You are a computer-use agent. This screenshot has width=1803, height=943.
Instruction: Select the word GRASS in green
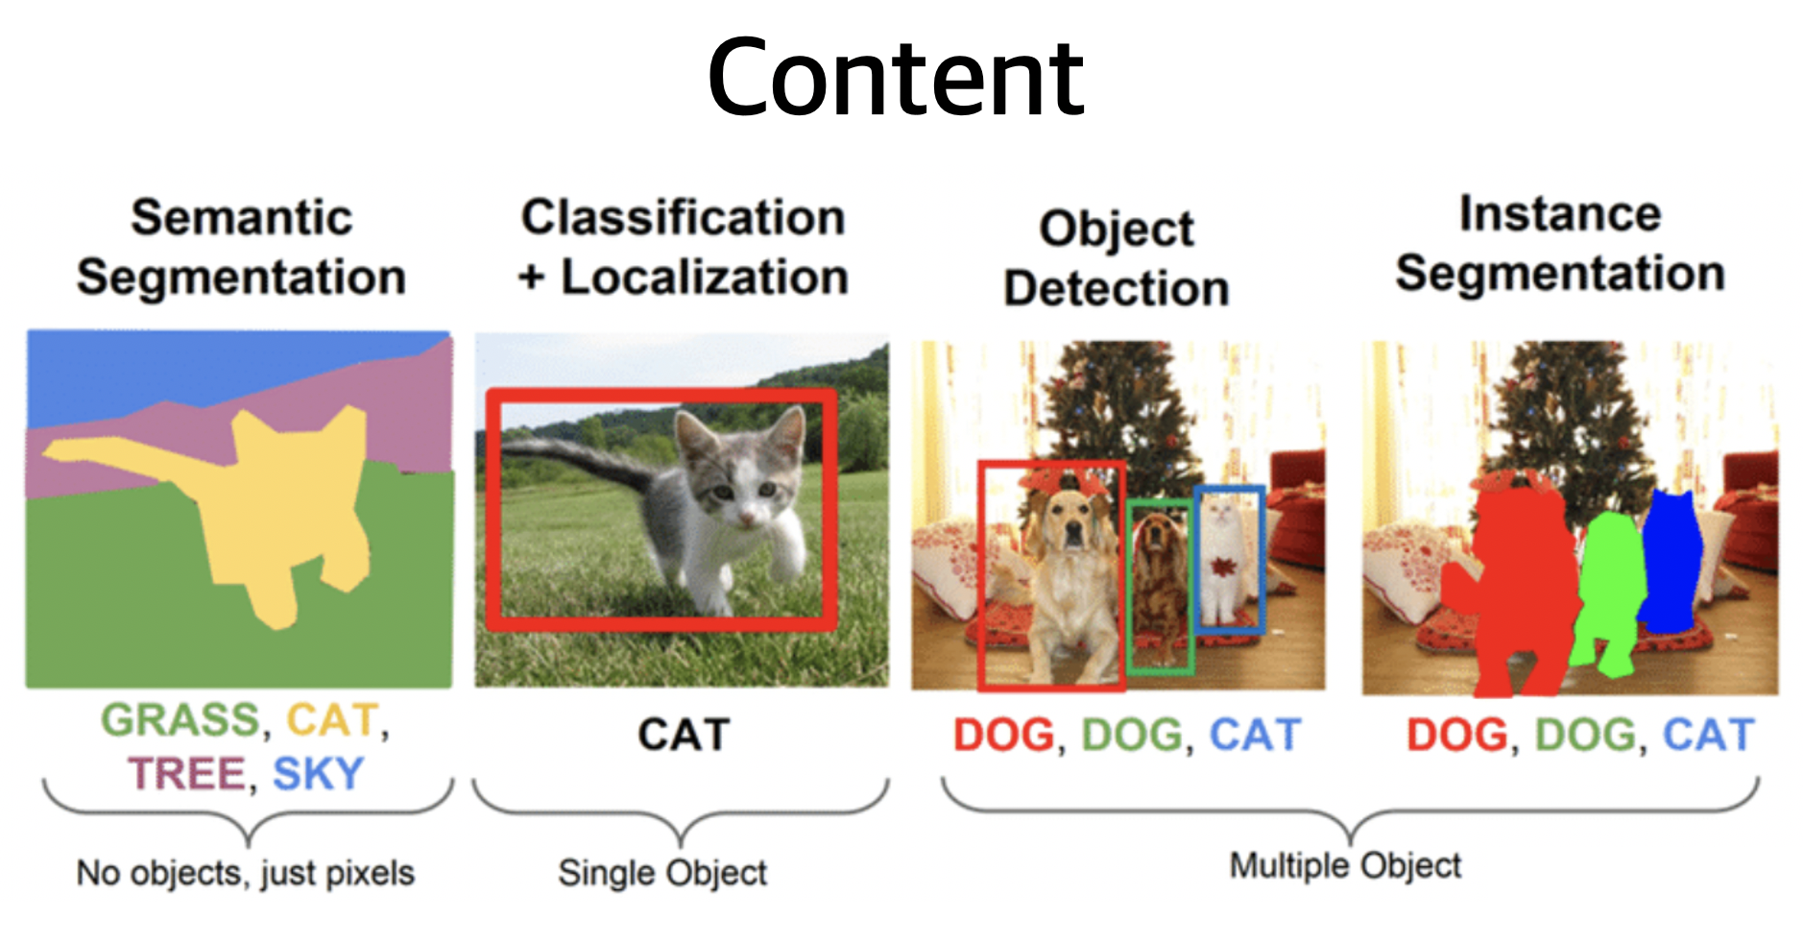tap(180, 720)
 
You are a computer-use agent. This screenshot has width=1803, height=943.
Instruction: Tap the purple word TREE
tap(186, 774)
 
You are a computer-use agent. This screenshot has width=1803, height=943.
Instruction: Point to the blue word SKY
tap(318, 774)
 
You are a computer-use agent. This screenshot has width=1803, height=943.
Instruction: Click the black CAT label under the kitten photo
tap(684, 736)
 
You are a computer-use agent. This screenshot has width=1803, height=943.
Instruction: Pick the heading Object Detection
tap(1117, 258)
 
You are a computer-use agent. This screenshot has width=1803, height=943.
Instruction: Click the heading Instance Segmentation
tap(1560, 244)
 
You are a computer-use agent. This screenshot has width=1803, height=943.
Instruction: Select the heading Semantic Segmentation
tap(241, 248)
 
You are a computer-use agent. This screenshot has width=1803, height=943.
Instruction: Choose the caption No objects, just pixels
tap(246, 873)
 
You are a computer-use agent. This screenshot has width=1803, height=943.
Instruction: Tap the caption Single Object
tap(662, 873)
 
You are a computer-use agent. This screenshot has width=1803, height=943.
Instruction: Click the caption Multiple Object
tap(1345, 865)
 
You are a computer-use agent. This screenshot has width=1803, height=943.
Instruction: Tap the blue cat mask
tap(1672, 562)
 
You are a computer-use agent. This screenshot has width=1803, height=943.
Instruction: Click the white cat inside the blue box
tap(1222, 562)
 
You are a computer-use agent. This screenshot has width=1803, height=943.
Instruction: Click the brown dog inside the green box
tap(1159, 576)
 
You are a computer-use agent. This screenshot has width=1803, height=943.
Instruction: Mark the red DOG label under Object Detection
tap(1003, 736)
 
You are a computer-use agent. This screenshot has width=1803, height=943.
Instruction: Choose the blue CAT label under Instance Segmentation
tap(1708, 736)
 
